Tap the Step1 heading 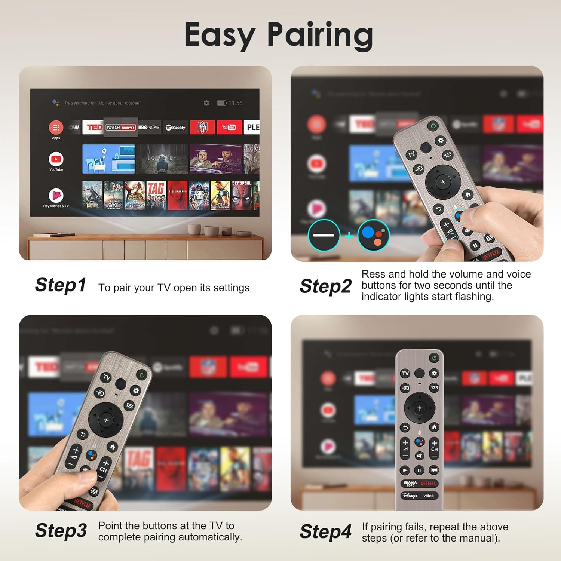pyautogui.click(x=61, y=285)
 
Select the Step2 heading pyautogui.click(x=325, y=286)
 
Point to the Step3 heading pyautogui.click(x=61, y=530)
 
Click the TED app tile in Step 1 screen pyautogui.click(x=94, y=127)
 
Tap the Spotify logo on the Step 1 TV pyautogui.click(x=175, y=128)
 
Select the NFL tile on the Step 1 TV pyautogui.click(x=202, y=127)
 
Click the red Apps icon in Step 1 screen pyautogui.click(x=56, y=128)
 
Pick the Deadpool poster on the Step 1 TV pyautogui.click(x=242, y=195)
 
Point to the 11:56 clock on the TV pyautogui.click(x=235, y=103)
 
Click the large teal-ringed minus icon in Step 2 pyautogui.click(x=324, y=235)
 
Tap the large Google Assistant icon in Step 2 pyautogui.click(x=374, y=235)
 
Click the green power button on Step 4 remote pyautogui.click(x=434, y=358)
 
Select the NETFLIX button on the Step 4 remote pyautogui.click(x=428, y=484)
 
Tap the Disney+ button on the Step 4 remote pyautogui.click(x=410, y=496)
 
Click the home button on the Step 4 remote pyautogui.click(x=434, y=427)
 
